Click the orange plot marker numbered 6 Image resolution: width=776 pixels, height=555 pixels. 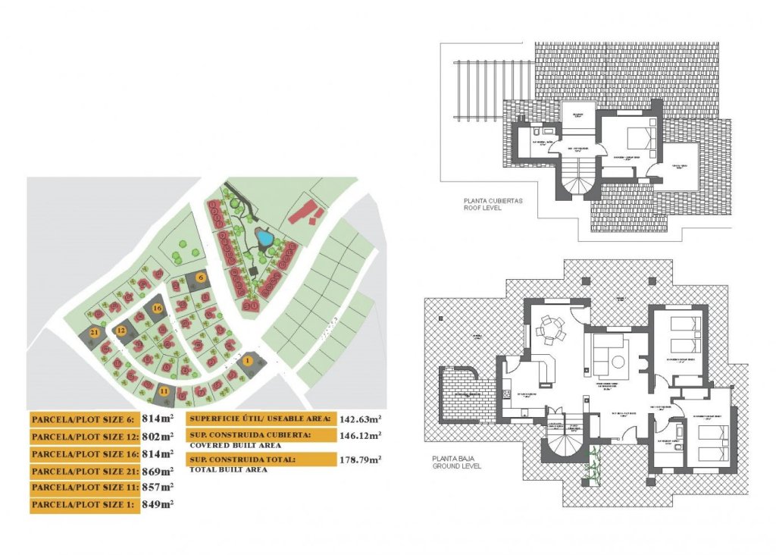click(201, 277)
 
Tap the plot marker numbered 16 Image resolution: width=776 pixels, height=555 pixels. click(157, 308)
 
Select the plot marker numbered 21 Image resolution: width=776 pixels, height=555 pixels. click(94, 332)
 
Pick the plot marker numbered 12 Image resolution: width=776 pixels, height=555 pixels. click(120, 331)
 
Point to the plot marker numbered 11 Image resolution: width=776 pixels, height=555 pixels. click(164, 391)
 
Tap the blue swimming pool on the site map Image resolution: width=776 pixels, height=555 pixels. click(264, 238)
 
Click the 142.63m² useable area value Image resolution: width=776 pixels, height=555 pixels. click(359, 418)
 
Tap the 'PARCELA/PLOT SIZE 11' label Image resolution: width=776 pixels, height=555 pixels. click(84, 488)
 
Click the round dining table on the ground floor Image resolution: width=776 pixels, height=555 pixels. click(549, 330)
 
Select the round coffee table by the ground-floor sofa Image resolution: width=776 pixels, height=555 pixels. click(615, 360)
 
